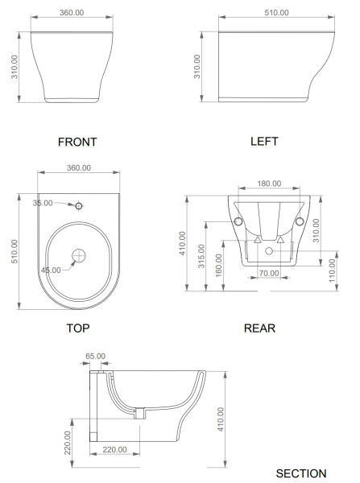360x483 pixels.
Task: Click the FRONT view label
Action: pos(77,142)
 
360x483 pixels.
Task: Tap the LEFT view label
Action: pos(264,142)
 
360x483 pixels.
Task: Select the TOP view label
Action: pos(78,328)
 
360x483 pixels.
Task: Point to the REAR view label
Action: pos(259,328)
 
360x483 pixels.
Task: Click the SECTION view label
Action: pos(301,473)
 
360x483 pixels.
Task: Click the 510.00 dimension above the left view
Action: pos(276,13)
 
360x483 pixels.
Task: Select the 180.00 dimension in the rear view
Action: pos(269,184)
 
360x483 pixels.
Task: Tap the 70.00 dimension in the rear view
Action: pos(269,273)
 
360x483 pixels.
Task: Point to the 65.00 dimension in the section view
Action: pos(95,356)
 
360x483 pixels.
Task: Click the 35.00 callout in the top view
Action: pos(43,203)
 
